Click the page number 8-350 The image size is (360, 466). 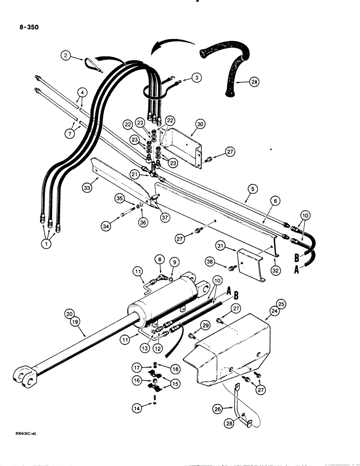(x=26, y=27)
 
